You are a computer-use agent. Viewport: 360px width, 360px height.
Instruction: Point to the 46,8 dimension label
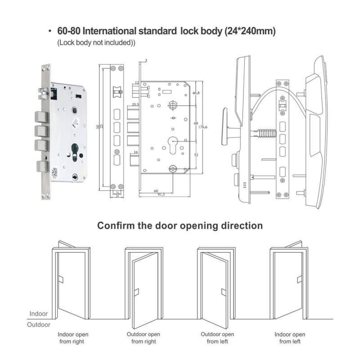tap(196, 93)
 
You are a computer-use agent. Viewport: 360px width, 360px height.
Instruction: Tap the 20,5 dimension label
tap(134, 104)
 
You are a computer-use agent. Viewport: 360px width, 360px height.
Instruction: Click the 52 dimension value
tap(196, 155)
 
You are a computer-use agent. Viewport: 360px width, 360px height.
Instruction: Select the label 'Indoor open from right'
tap(72, 338)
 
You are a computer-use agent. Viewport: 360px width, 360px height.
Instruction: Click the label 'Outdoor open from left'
tap(217, 338)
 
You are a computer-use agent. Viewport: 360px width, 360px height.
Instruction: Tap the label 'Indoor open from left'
tap(290, 338)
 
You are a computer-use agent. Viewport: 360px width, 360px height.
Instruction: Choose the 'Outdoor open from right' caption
tap(144, 338)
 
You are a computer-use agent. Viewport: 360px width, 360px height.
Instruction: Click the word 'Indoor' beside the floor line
tap(39, 314)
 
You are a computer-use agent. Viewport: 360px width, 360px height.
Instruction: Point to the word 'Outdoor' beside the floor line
tap(39, 324)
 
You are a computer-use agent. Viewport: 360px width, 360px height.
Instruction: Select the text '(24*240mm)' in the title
tap(250, 32)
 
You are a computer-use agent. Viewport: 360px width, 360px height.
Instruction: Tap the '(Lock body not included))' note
tap(96, 43)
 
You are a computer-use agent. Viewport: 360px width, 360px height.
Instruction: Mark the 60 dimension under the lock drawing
tap(156, 190)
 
